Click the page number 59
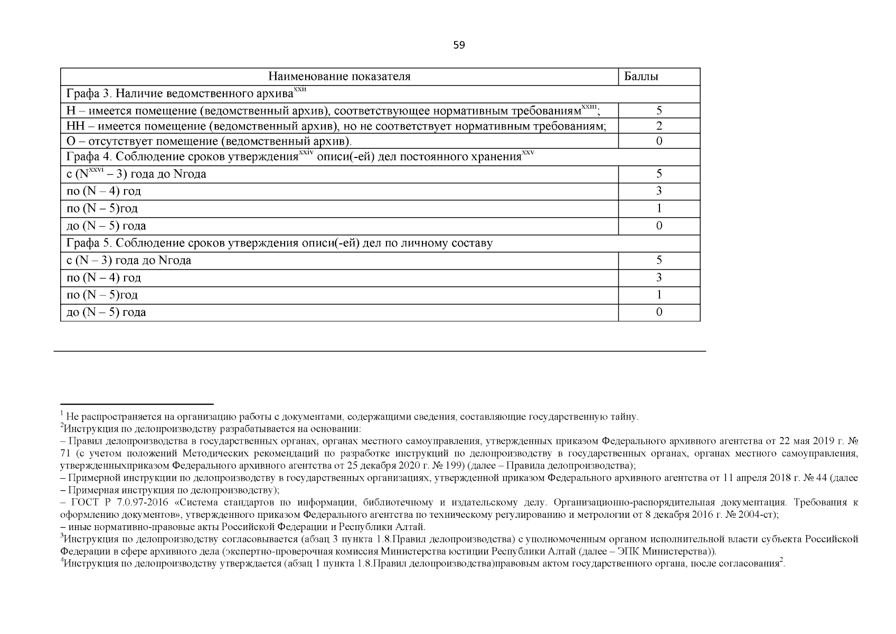(x=459, y=45)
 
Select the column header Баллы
(x=641, y=77)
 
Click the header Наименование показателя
(x=339, y=77)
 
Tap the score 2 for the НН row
(x=658, y=126)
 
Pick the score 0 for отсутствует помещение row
(x=658, y=142)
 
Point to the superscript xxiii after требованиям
(x=589, y=107)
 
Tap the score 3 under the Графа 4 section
(x=658, y=191)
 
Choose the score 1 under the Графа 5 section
(x=658, y=295)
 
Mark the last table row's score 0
(x=658, y=312)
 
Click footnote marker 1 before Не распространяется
(x=62, y=414)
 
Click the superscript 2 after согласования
(x=781, y=561)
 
